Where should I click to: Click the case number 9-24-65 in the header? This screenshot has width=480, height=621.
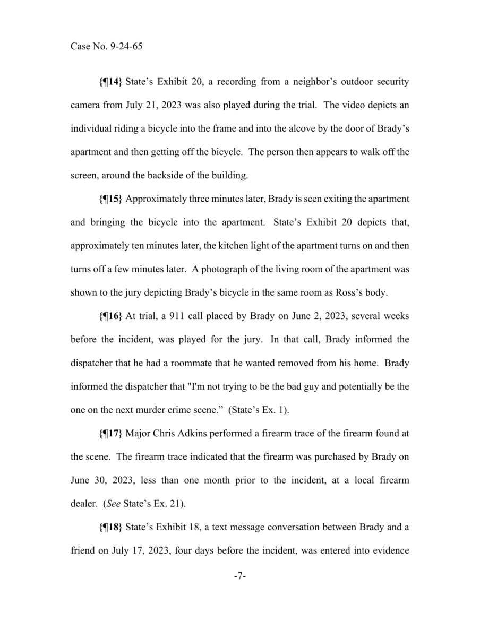point(124,46)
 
